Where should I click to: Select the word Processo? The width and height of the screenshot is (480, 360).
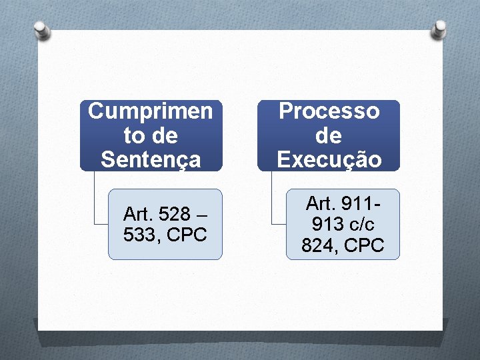[329, 111]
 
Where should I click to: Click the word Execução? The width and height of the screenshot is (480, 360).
[329, 160]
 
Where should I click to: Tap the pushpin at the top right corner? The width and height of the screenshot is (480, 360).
[440, 28]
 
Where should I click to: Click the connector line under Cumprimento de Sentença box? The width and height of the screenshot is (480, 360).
[95, 200]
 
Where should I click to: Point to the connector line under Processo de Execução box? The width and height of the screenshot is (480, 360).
[272, 200]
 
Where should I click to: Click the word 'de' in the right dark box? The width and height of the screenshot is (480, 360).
[329, 136]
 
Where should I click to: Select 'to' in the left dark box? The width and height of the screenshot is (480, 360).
[133, 136]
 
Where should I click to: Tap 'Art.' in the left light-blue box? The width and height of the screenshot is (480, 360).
[138, 215]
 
